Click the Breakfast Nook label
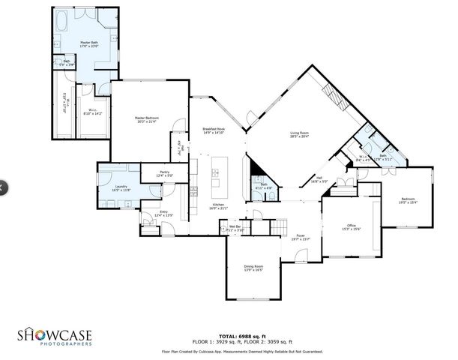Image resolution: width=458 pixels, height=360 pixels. coord(214,131)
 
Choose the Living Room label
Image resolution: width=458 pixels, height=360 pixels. coord(300,135)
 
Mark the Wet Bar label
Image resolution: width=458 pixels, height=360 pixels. coord(235,227)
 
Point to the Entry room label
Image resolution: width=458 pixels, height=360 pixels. coord(163,214)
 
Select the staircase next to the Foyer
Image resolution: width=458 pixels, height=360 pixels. coord(278,225)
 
